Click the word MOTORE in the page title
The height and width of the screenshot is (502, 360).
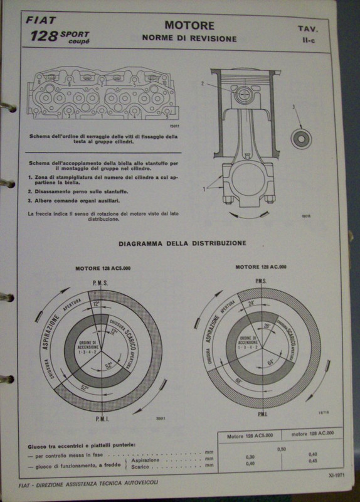[x=189, y=26]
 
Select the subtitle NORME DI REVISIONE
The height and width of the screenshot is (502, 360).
[x=189, y=38]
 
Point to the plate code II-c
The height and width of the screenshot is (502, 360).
[x=309, y=40]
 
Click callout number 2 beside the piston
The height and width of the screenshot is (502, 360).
[x=203, y=83]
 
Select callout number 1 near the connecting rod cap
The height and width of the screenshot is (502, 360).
[x=203, y=188]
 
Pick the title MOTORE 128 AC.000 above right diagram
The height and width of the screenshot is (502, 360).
[x=261, y=266]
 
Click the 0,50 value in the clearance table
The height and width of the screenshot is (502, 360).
[x=282, y=449]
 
